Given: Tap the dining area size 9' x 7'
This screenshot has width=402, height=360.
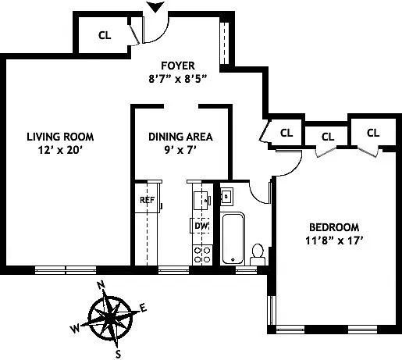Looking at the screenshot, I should tap(180, 151).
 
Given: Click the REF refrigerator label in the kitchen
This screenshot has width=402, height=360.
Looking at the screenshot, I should tap(147, 200).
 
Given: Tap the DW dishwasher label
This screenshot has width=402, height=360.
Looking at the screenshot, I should tap(201, 226).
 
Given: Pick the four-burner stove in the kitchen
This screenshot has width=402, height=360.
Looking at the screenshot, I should tap(201, 252).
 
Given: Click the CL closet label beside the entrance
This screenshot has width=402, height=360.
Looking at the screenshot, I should tap(105, 34).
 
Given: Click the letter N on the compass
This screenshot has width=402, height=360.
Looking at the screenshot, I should tap(99, 287).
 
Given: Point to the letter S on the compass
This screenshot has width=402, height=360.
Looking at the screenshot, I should tap(119, 353).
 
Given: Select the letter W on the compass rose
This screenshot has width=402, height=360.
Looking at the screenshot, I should tap(75, 329).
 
